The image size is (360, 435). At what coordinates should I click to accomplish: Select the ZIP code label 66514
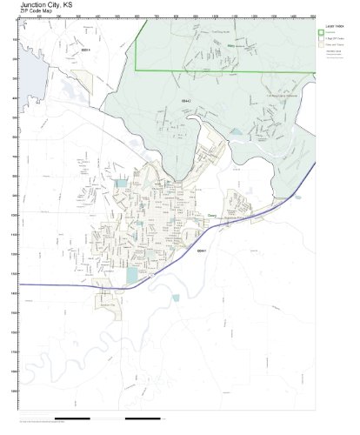[x=85, y=50]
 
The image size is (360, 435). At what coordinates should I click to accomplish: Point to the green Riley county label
[x=230, y=45]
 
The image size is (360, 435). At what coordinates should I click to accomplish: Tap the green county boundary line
[x=217, y=70]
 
